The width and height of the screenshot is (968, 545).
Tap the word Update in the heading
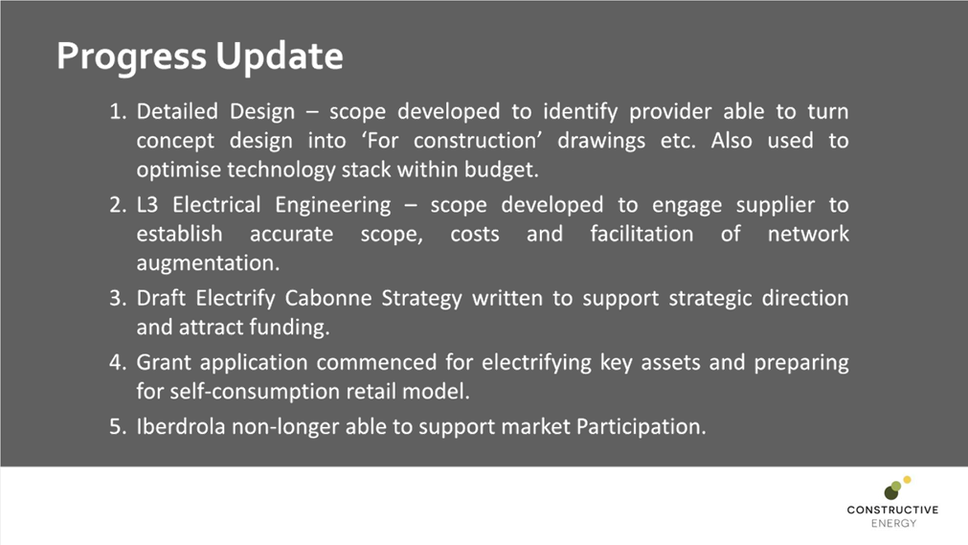point(280,57)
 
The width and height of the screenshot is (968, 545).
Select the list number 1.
point(117,112)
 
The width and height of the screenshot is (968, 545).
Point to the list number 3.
point(117,298)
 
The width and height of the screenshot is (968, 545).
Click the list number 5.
point(117,426)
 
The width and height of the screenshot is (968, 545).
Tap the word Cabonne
point(330,298)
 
